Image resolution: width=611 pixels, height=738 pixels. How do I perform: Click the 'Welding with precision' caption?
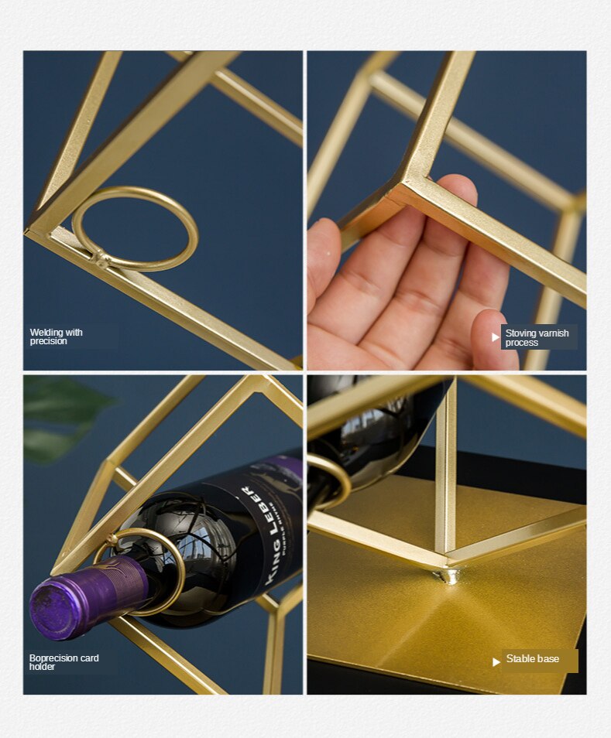coord(57,337)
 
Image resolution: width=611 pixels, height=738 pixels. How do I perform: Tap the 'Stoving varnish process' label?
coord(537,337)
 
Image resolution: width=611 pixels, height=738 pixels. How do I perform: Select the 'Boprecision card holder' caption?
coord(64,662)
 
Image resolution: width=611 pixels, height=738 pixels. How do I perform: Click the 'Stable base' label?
coord(533,659)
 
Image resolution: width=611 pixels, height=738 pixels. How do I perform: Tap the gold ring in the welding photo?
coord(135,229)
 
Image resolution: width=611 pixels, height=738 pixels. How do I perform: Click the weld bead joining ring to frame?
coord(101,258)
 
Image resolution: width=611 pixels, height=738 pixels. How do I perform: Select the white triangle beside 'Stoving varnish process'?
coord(496,337)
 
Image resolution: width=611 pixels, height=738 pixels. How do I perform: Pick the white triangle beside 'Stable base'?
coord(496,661)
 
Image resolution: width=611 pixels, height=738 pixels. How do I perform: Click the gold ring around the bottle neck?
coord(147,569)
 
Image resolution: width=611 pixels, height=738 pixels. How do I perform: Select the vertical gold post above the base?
coord(445,472)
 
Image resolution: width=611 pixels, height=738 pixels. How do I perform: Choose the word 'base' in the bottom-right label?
coord(548,659)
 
